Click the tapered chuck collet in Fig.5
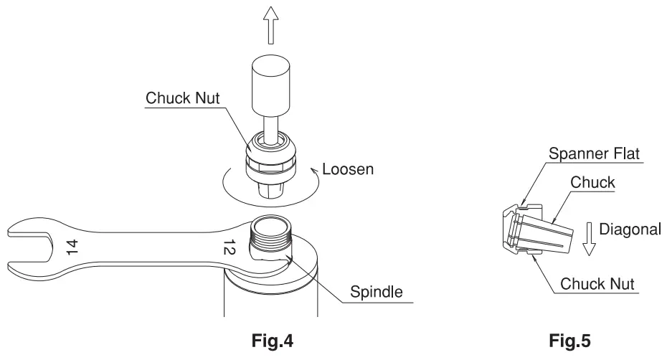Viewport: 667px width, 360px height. (x=545, y=233)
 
